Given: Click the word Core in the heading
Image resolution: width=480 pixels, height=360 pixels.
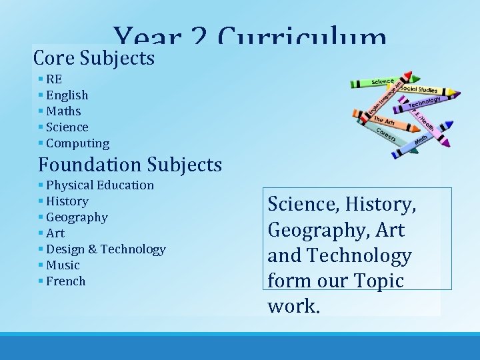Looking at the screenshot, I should point(54,58).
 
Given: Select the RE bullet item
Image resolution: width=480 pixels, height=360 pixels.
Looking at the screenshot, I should point(54,79).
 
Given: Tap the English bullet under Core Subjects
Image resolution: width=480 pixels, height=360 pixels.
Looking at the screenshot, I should point(67,95).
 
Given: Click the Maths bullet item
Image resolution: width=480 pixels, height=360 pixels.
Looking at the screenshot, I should point(63,111).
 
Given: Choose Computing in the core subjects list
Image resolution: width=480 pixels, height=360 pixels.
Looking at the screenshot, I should point(77,143).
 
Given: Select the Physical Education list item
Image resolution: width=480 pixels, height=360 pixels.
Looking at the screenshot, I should point(100,185).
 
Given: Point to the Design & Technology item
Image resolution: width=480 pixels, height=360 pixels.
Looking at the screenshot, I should point(105,249).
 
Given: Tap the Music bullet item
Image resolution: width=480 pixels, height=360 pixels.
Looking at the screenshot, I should point(63,265).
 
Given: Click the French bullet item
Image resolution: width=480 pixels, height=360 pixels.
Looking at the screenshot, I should point(66,281).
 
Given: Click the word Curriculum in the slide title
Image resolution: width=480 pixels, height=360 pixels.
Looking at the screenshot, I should point(303,37).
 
